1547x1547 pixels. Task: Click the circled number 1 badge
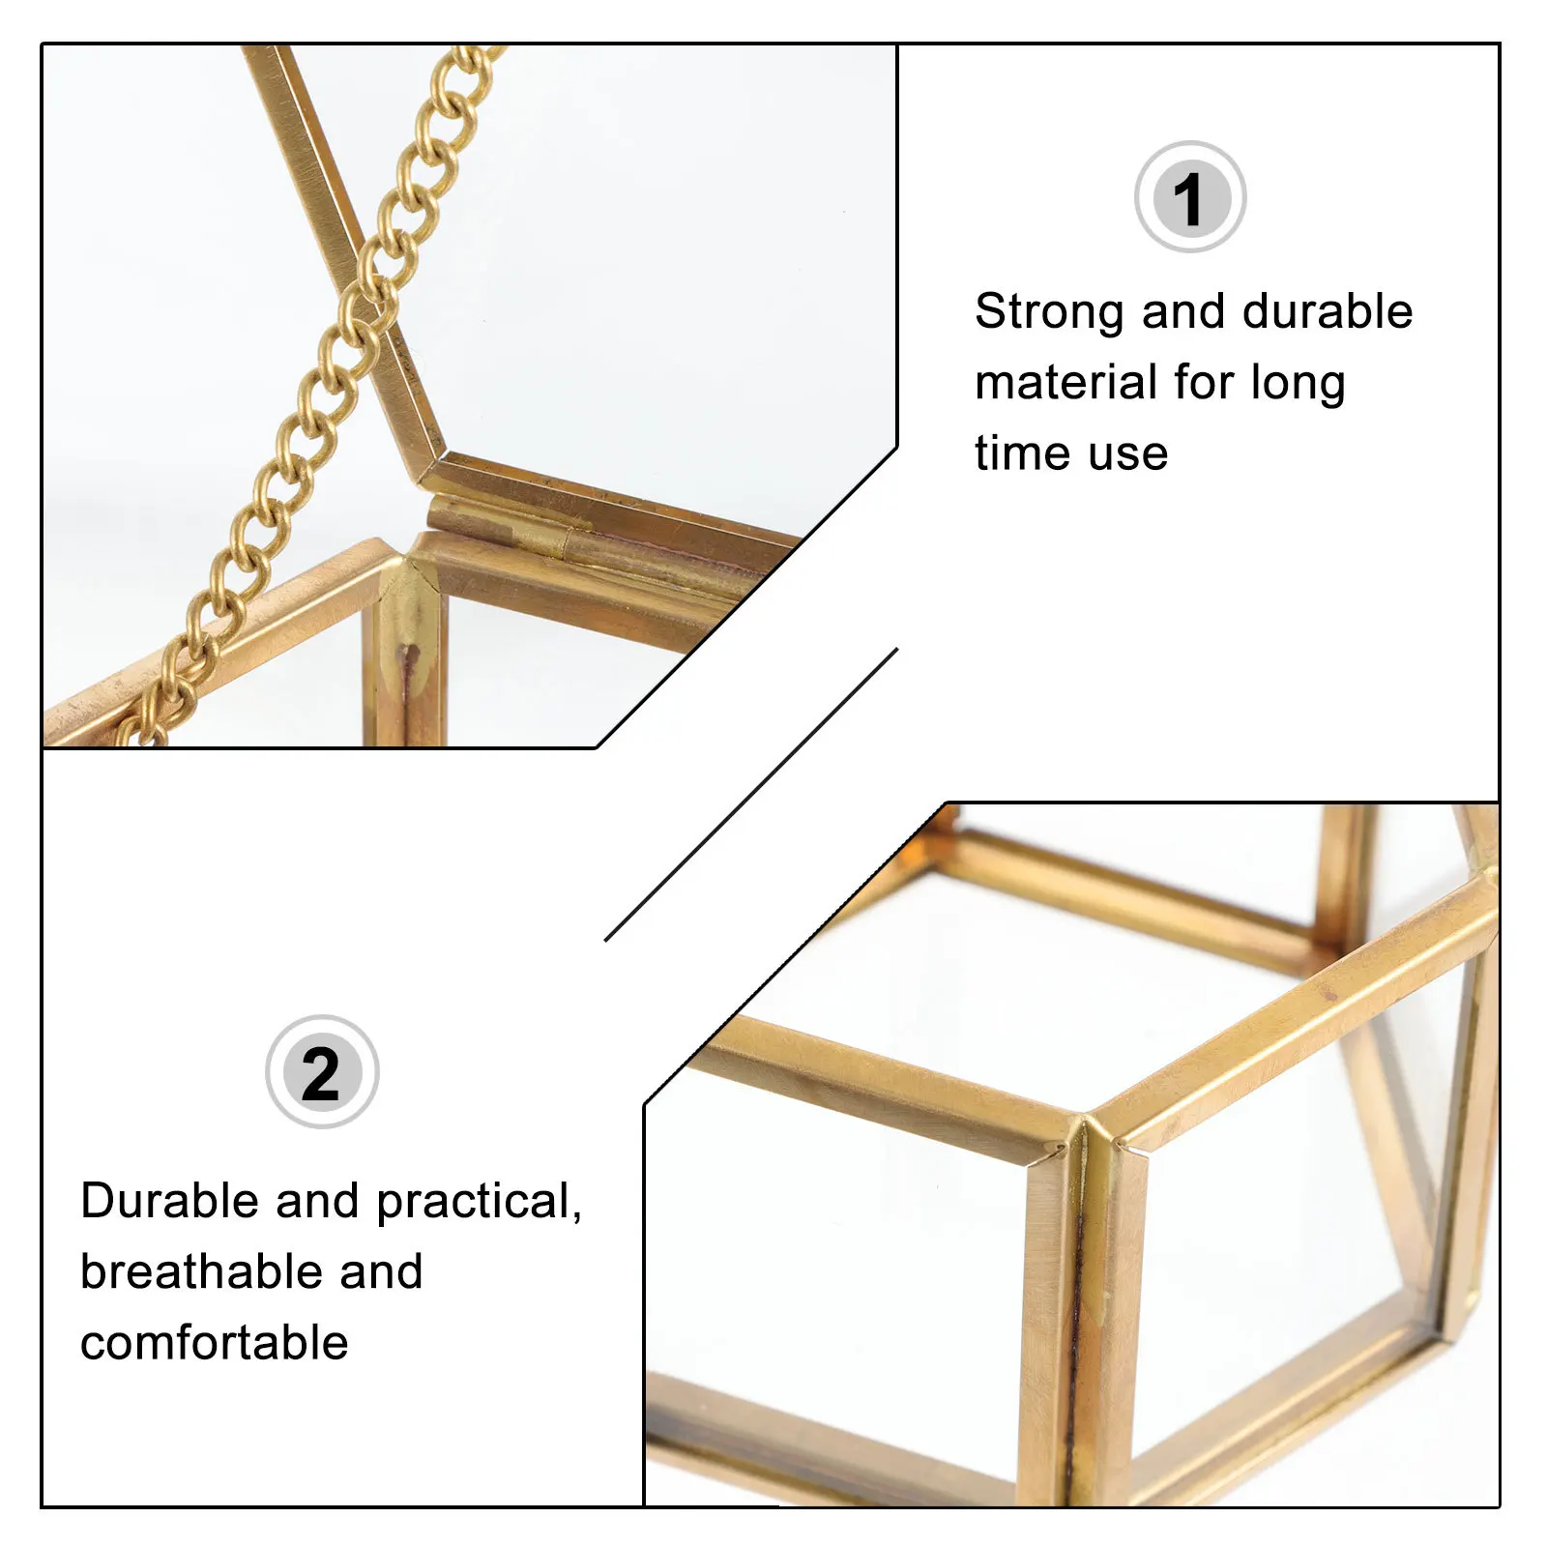click(x=1189, y=197)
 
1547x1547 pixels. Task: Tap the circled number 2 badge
click(x=322, y=1071)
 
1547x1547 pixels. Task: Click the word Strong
click(x=1049, y=312)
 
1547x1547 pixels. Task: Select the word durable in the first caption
click(x=1327, y=312)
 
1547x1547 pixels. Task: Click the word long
click(x=1298, y=384)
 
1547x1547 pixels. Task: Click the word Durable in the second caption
click(x=170, y=1202)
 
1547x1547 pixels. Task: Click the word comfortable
click(x=214, y=1343)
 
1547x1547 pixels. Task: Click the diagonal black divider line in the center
click(x=751, y=795)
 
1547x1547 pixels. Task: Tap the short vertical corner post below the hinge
click(x=411, y=657)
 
